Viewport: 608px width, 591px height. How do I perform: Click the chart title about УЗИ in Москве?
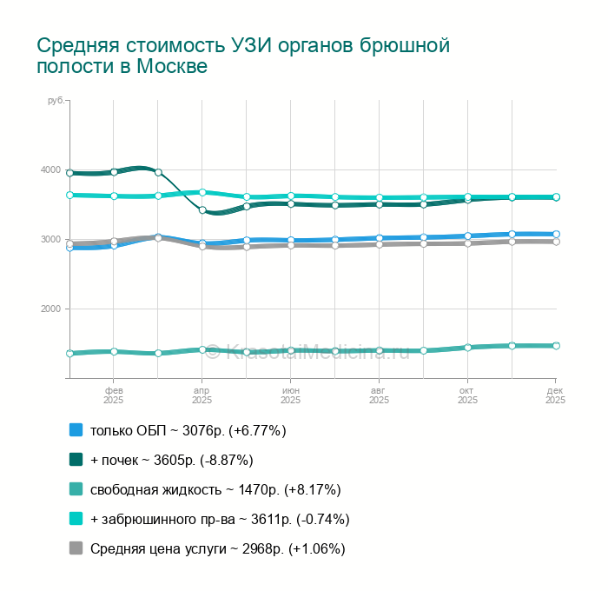click(243, 56)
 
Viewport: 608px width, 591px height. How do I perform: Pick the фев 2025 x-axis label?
click(113, 395)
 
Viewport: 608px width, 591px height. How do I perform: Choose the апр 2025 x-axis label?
click(202, 395)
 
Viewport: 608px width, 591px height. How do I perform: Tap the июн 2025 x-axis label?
click(290, 395)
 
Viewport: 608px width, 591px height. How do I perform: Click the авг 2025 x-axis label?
click(379, 395)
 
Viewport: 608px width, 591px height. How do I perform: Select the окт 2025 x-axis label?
click(467, 395)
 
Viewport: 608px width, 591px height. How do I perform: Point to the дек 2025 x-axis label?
click(555, 395)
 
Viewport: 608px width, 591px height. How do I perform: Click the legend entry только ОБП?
click(188, 430)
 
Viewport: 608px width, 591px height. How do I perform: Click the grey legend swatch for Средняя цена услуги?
click(76, 548)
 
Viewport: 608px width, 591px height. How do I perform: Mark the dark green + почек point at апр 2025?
click(202, 210)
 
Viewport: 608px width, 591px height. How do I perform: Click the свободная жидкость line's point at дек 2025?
click(556, 346)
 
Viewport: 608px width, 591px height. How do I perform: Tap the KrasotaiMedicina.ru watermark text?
click(317, 352)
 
